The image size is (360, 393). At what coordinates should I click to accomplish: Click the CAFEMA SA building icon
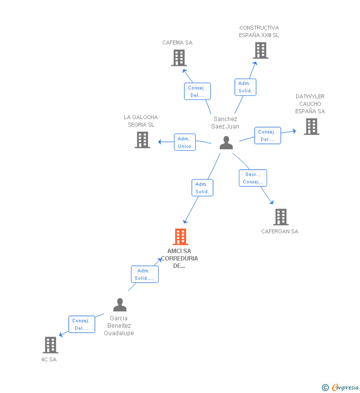coord(179,58)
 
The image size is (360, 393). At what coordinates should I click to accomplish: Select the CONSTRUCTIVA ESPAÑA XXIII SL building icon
coord(260,50)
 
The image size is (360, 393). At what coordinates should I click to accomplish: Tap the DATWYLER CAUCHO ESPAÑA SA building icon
coord(311,127)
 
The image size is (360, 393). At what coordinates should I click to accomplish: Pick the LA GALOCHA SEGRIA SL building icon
coord(142,140)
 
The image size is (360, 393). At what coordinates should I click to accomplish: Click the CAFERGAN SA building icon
coord(280,217)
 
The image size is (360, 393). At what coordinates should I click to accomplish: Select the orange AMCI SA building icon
coord(180,237)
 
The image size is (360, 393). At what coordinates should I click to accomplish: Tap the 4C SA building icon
coord(50,345)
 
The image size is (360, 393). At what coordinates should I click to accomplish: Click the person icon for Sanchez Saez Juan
coord(226,143)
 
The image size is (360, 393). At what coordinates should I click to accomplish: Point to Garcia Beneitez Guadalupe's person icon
coord(120,305)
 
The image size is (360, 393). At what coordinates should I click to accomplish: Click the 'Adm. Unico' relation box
coord(185,142)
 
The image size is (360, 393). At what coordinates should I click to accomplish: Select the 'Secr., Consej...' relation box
coord(253,178)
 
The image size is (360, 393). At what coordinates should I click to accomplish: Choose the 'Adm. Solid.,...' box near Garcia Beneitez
coord(145,274)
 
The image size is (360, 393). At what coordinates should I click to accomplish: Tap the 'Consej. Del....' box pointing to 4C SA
coord(82,324)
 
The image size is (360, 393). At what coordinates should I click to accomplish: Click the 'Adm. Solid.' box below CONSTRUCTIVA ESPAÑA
coord(245,87)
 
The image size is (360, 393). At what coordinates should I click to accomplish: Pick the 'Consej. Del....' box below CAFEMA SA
coord(197,91)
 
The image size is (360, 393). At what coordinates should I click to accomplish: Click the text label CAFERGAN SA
coord(280,231)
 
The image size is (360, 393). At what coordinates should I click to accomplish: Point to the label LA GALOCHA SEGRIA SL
coord(141,121)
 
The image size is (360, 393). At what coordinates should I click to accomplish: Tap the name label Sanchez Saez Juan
coord(225,123)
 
